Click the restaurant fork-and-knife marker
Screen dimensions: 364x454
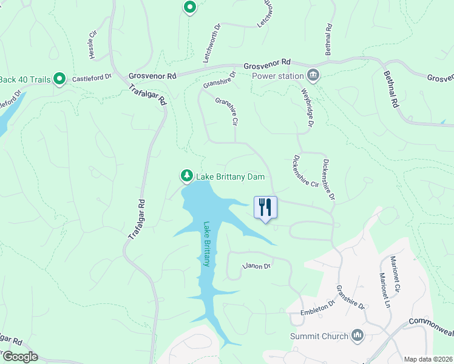click(x=265, y=207)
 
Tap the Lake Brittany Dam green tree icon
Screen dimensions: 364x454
click(x=186, y=176)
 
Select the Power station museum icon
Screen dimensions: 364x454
click(x=313, y=76)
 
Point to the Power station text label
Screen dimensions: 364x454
click(x=277, y=76)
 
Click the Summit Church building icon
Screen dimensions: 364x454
click(x=357, y=335)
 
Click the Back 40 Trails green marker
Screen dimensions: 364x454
click(x=59, y=78)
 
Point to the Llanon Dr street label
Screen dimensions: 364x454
click(x=256, y=266)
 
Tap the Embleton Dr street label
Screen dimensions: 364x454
click(x=318, y=308)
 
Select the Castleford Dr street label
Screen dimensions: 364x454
click(x=92, y=78)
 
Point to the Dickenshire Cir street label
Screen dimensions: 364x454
click(x=306, y=172)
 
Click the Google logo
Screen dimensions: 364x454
click(x=19, y=357)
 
